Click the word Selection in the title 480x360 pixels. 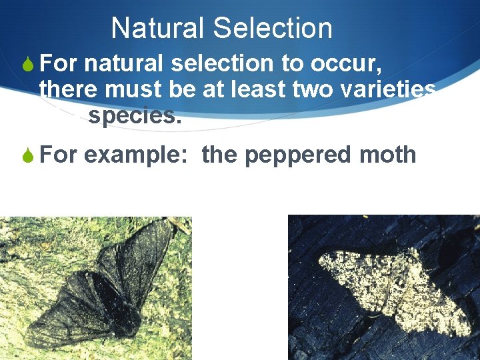273,29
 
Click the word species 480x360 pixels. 134,115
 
